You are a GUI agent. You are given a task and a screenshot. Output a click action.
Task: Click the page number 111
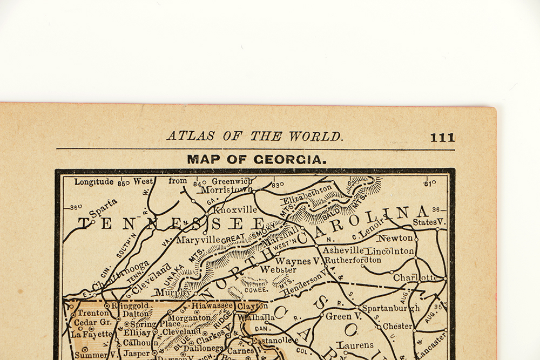(442, 138)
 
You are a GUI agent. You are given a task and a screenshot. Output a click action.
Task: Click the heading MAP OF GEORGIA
(256, 160)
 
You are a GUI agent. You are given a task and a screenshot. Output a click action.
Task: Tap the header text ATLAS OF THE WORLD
(254, 137)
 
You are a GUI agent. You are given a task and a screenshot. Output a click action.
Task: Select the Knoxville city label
(236, 209)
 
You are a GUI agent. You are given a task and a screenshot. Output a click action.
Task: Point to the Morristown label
(226, 190)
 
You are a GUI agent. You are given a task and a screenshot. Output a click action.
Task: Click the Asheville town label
(342, 250)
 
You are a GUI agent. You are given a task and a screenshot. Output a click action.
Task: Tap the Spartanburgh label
(390, 308)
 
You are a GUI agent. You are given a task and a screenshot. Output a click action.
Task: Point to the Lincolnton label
(390, 251)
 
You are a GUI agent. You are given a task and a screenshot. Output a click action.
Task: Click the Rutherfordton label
(353, 260)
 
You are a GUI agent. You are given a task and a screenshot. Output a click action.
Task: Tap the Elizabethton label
(307, 194)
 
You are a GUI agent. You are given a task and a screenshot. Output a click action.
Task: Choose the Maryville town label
(198, 239)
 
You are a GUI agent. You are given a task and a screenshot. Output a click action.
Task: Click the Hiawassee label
(212, 305)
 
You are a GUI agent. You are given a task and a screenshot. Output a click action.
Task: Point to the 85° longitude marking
(124, 183)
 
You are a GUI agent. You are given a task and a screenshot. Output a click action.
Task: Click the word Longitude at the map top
(94, 181)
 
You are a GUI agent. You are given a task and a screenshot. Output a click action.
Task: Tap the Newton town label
(395, 238)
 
